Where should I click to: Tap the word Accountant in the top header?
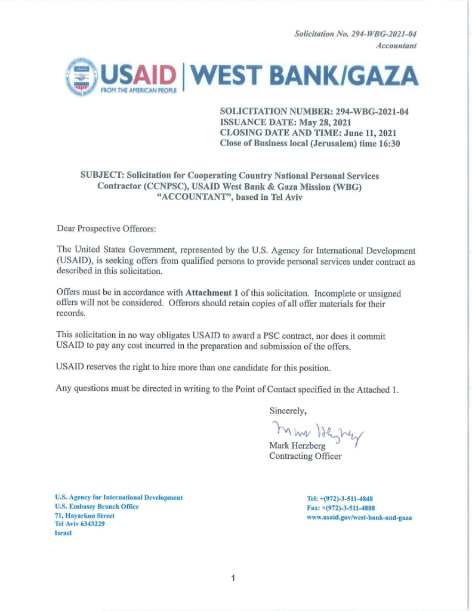click(396, 46)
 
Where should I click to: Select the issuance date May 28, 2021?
click(325, 122)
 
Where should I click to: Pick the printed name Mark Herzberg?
click(298, 446)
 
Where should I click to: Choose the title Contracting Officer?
click(306, 456)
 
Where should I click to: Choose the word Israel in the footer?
click(63, 533)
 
